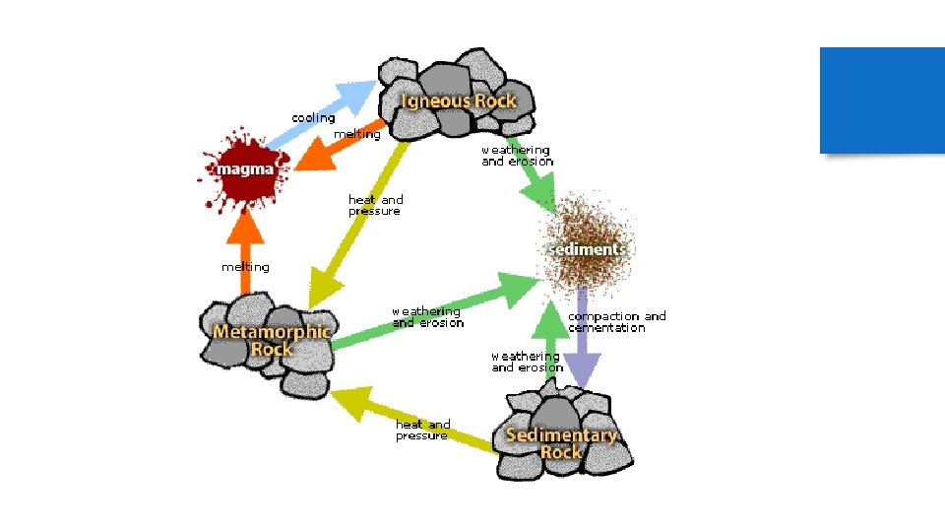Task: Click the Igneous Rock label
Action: click(x=458, y=100)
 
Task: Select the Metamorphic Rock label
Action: click(x=272, y=340)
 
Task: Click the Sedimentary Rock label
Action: click(x=561, y=442)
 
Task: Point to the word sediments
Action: click(x=587, y=248)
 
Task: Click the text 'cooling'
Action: click(x=313, y=118)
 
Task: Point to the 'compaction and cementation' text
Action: click(x=616, y=322)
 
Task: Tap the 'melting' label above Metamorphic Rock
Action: click(x=245, y=267)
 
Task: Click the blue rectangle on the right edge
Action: click(x=882, y=100)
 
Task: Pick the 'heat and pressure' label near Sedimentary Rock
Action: click(x=422, y=430)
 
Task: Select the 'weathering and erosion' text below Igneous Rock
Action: click(x=517, y=156)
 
